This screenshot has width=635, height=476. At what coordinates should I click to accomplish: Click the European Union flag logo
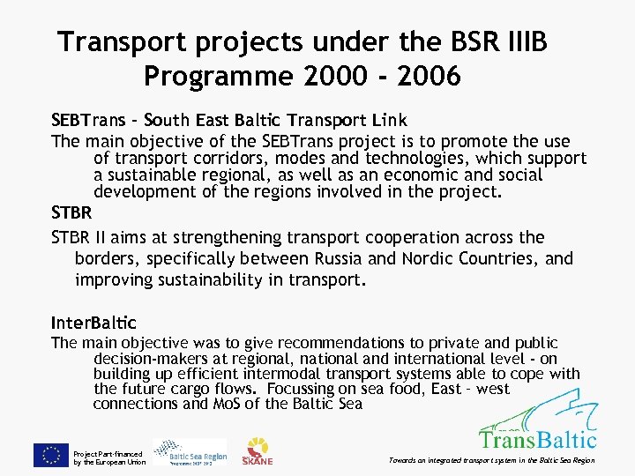click(x=51, y=455)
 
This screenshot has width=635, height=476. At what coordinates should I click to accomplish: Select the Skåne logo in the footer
click(x=258, y=451)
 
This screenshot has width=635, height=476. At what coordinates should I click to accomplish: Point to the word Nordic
click(x=430, y=258)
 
